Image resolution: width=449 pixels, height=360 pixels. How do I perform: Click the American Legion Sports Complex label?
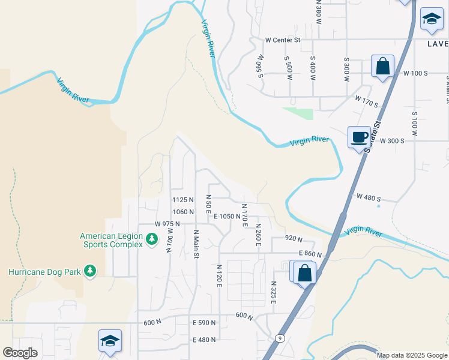[x=112, y=240]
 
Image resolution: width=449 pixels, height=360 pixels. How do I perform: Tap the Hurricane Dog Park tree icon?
[x=90, y=271]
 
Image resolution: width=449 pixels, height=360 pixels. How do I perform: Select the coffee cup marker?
[x=359, y=138]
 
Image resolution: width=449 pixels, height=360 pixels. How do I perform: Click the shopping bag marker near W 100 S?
[x=382, y=67]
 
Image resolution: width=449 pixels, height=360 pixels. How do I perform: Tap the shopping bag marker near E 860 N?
[x=305, y=273]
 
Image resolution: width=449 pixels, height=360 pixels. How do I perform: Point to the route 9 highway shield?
[x=279, y=338]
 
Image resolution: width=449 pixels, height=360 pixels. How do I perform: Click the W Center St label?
[x=282, y=40]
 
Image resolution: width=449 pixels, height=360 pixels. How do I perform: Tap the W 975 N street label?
[x=167, y=224]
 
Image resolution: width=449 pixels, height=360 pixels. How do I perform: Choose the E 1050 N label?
[x=226, y=217]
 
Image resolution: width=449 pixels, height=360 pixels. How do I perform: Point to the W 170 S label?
[x=366, y=101]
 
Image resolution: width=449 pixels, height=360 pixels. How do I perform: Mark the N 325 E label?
[x=273, y=292]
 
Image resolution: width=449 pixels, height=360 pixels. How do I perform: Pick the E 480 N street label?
[x=203, y=340]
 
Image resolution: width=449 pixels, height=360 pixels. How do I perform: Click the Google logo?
[x=20, y=353]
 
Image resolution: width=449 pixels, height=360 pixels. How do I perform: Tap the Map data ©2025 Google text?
[x=411, y=355]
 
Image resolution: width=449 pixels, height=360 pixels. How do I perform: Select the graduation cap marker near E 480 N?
[x=110, y=341]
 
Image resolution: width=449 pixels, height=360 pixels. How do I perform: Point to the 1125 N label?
[x=182, y=200]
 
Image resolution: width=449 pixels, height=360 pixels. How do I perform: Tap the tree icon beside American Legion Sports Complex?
[x=152, y=240]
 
